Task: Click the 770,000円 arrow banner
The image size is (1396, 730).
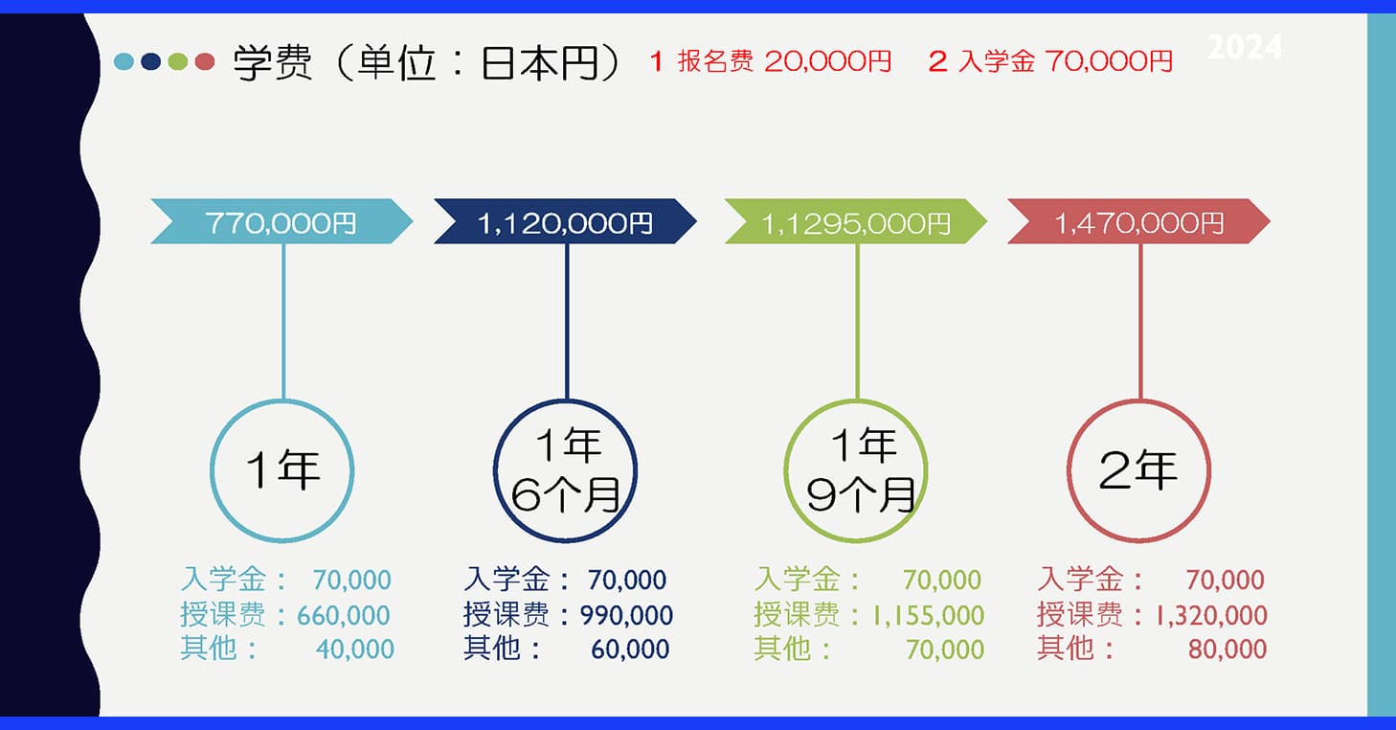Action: point(281,221)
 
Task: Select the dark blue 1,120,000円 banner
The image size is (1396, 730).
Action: point(565,221)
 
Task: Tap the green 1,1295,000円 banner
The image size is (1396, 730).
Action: point(856,221)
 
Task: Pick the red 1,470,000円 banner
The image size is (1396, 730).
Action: point(1138,221)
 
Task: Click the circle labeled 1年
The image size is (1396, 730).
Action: point(212,470)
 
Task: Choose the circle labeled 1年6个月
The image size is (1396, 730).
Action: point(495,470)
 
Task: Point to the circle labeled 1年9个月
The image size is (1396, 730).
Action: point(785,470)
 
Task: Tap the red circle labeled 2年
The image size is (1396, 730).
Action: point(1069,470)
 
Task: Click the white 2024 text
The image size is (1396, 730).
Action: point(1244,47)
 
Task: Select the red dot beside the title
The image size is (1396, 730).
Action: point(205,61)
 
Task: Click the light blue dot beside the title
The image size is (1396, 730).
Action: point(124,61)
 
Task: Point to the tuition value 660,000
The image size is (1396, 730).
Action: point(344,616)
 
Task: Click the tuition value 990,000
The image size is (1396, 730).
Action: point(626,616)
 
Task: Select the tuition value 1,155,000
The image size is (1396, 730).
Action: point(928,616)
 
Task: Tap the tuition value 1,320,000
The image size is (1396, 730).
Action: point(1211,616)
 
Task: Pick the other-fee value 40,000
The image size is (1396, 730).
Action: point(355,650)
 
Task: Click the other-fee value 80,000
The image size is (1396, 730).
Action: point(1227,650)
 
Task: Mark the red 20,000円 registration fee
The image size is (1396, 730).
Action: point(827,61)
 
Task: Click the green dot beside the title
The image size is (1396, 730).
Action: point(178,61)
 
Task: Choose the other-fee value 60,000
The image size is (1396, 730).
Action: point(630,650)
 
